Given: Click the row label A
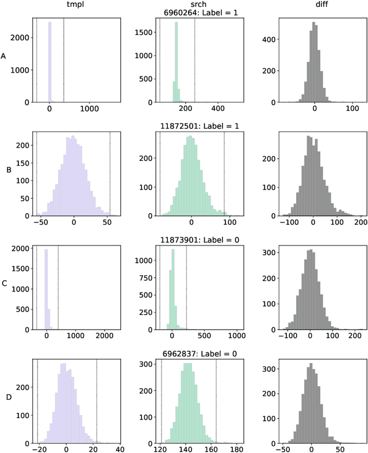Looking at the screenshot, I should [x=4, y=56].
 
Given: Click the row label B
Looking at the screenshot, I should [x=9, y=170].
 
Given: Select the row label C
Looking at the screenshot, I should [x=4, y=284].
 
